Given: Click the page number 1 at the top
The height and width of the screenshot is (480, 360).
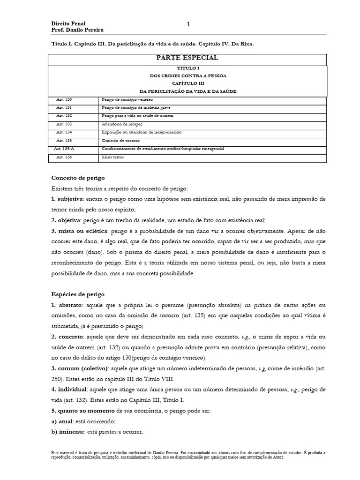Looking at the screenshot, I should (188, 24).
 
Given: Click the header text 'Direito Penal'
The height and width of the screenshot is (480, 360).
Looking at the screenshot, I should (68, 23).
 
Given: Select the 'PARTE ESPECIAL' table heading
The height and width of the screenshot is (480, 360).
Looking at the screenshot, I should (187, 58).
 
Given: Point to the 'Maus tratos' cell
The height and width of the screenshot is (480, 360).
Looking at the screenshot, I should (112, 157).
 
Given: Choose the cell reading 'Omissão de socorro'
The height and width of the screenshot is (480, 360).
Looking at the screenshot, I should (120, 141).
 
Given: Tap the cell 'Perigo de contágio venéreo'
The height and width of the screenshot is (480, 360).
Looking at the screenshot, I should (127, 100).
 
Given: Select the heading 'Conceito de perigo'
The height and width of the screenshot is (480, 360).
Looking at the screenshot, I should (78, 178).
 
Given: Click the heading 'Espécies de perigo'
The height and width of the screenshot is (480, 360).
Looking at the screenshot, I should (78, 294).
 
